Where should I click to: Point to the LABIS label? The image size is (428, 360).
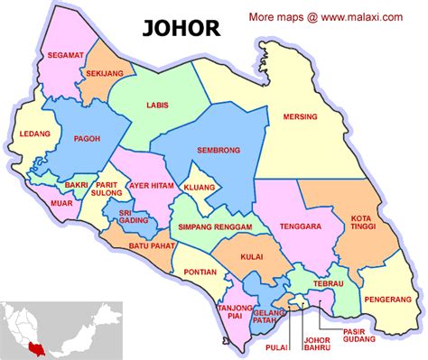click(x=157, y=106)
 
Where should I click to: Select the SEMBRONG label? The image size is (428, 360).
click(x=214, y=152)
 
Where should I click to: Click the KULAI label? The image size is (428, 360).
click(x=253, y=258)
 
